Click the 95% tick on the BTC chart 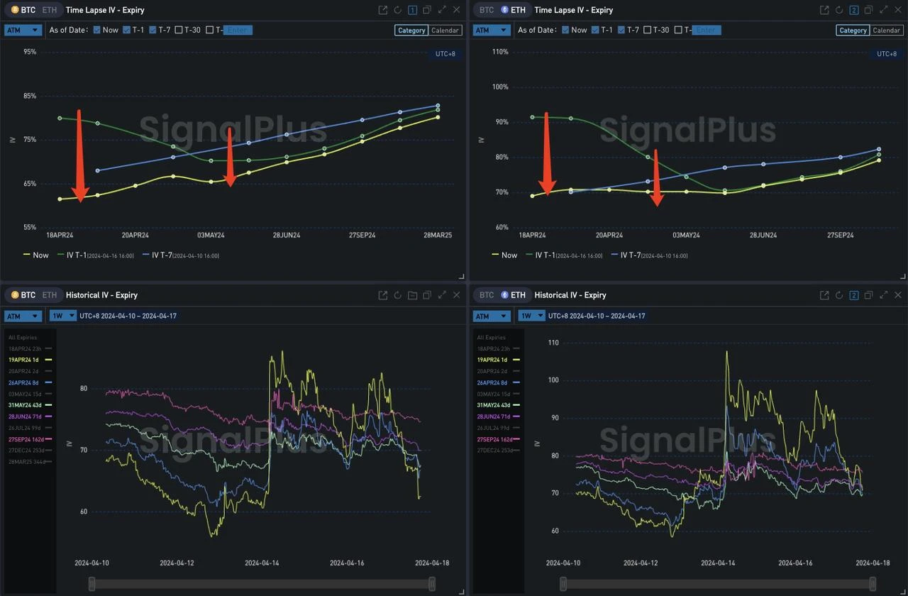(30, 52)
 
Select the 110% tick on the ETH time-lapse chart (500, 52)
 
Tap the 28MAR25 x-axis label (438, 235)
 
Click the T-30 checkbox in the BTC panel (179, 30)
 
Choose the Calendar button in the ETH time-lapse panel (886, 31)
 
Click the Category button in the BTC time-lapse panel (411, 31)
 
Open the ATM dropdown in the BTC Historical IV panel (23, 316)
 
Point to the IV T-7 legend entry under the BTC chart (180, 255)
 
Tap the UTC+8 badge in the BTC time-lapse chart (445, 54)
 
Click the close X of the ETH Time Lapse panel (898, 10)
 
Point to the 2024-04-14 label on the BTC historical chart (262, 563)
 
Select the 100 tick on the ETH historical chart (553, 380)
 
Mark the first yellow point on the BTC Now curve (60, 199)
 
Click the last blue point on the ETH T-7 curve (879, 149)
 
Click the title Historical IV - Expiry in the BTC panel (101, 295)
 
